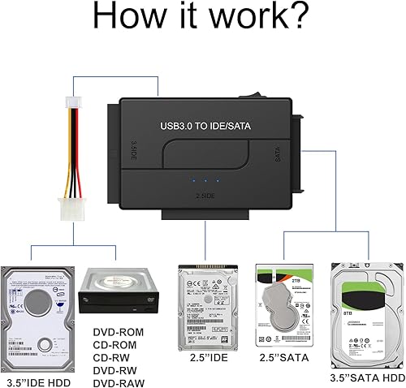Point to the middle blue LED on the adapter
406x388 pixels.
point(206,179)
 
